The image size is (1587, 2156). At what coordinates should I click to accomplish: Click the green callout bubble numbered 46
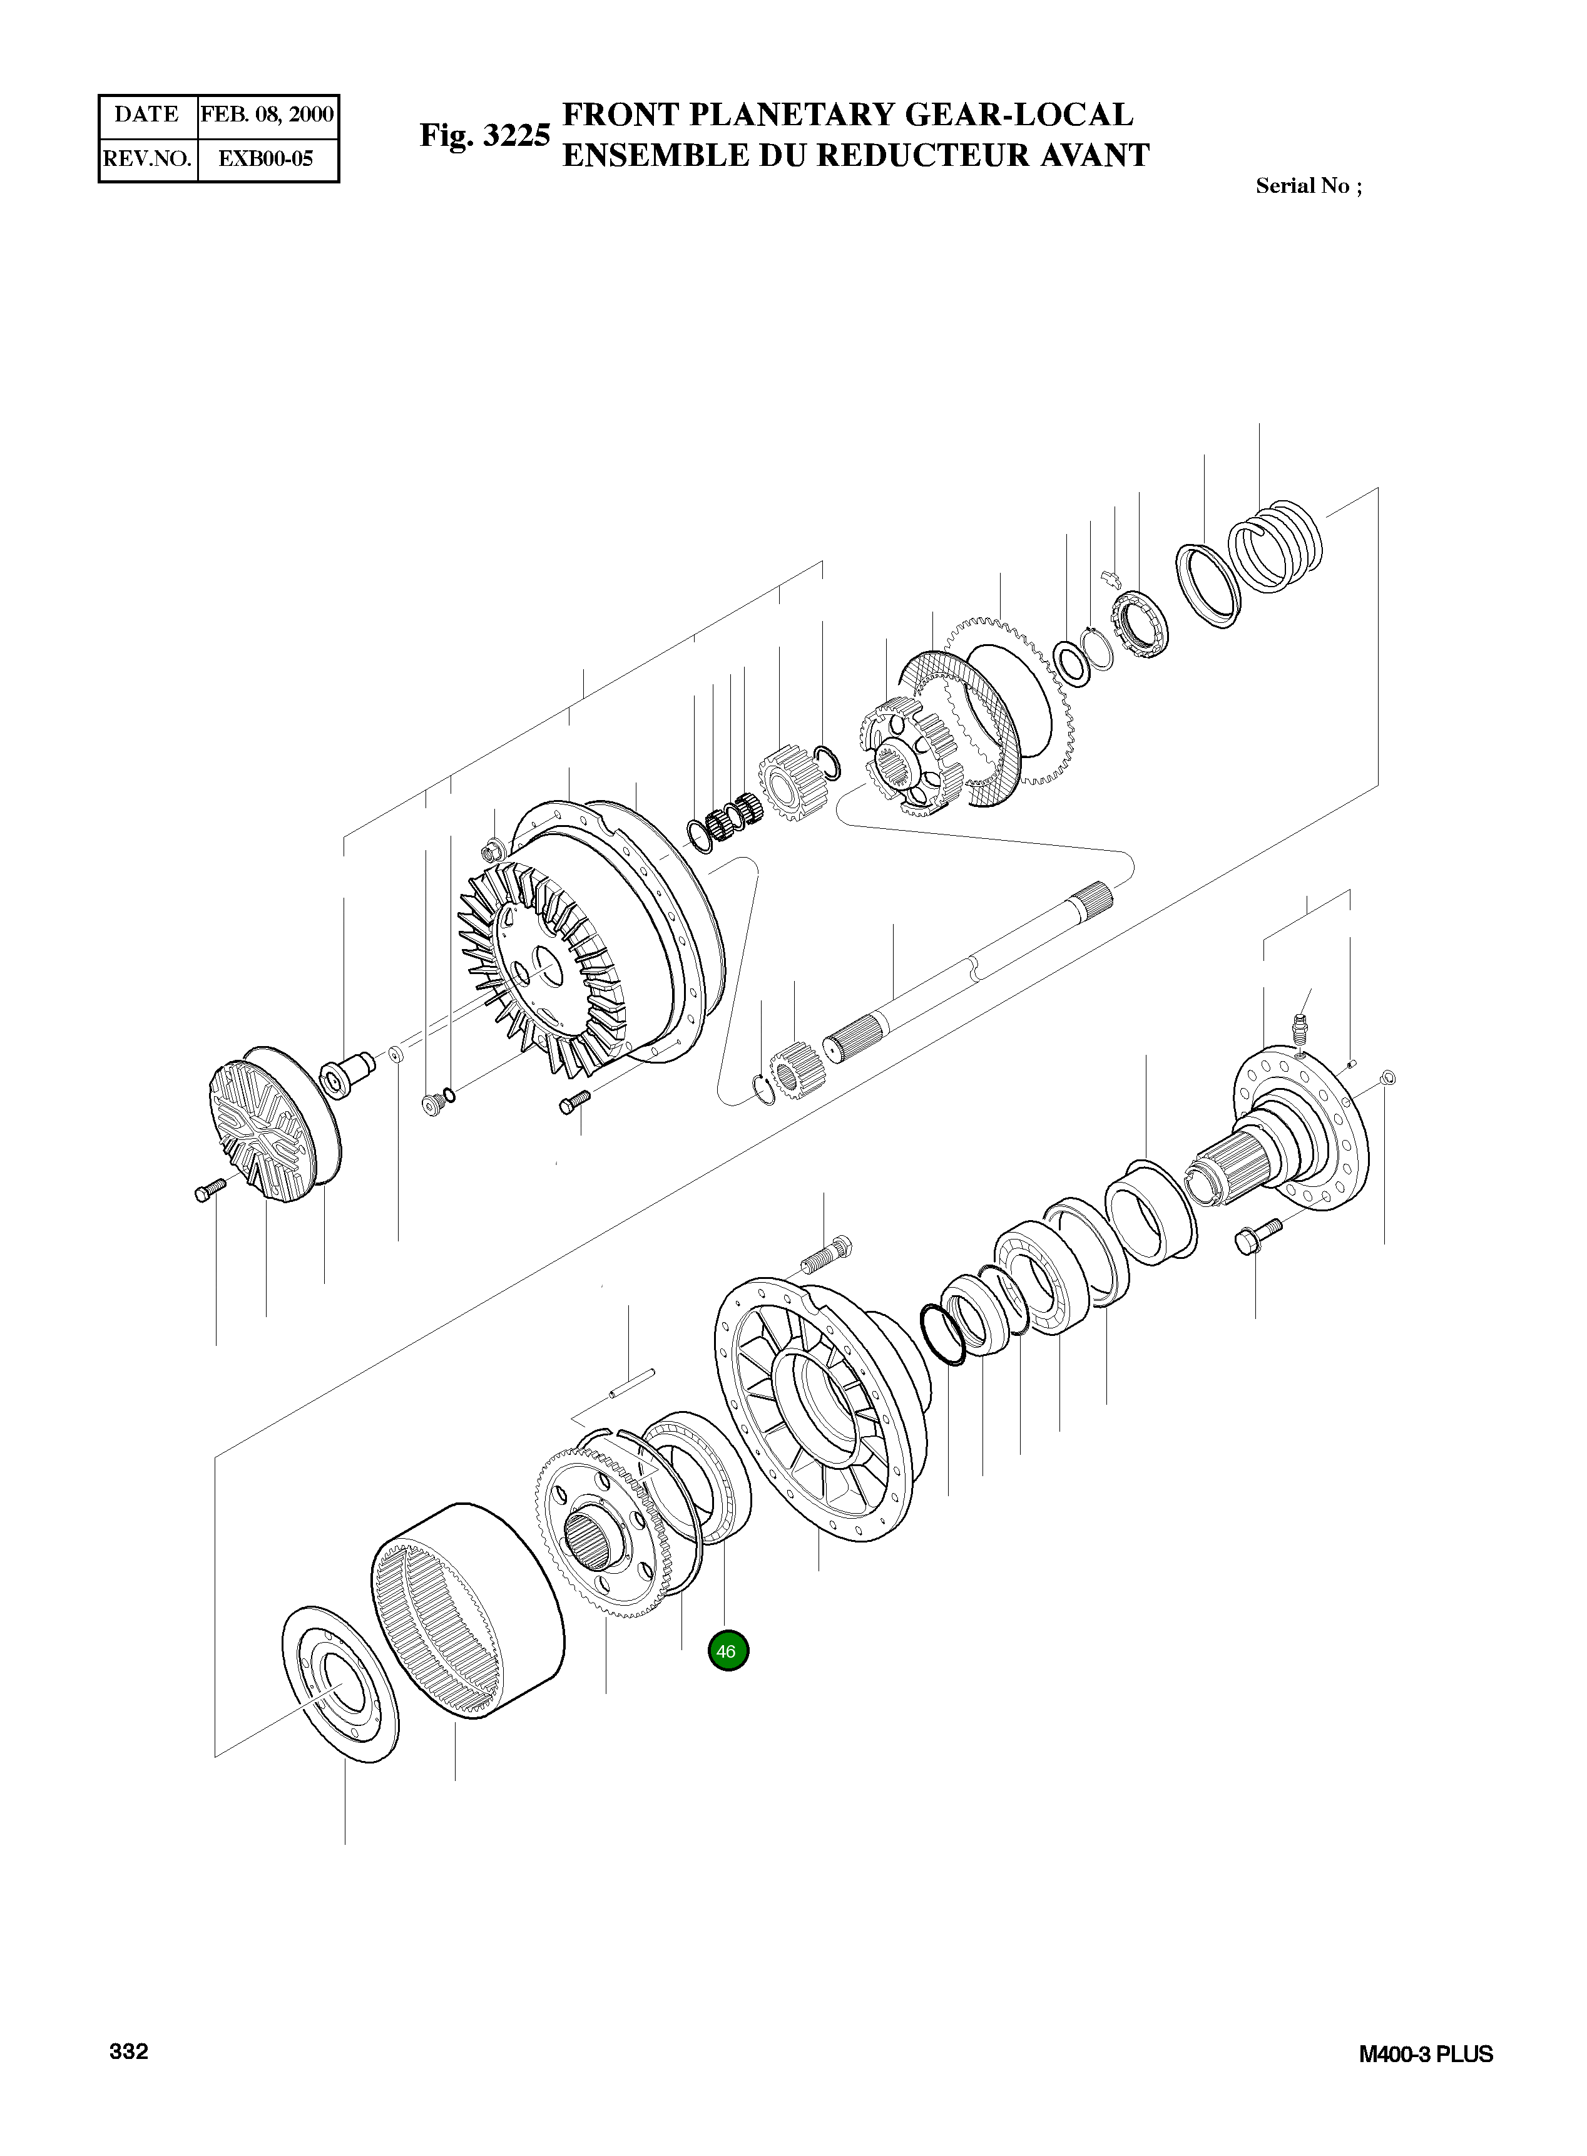727,1651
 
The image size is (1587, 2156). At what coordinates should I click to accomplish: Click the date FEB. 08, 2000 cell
267,115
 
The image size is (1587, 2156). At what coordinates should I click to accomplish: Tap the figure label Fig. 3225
484,135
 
